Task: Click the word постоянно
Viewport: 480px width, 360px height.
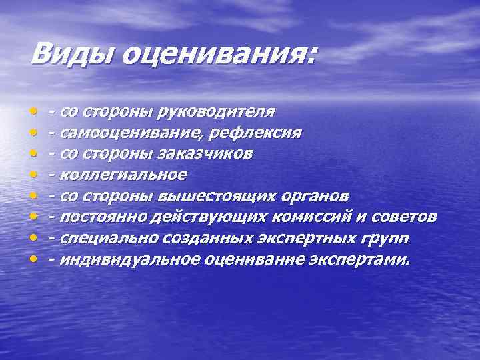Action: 101,217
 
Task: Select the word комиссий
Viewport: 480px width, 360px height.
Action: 320,217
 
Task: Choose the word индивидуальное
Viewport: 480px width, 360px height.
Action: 127,259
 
